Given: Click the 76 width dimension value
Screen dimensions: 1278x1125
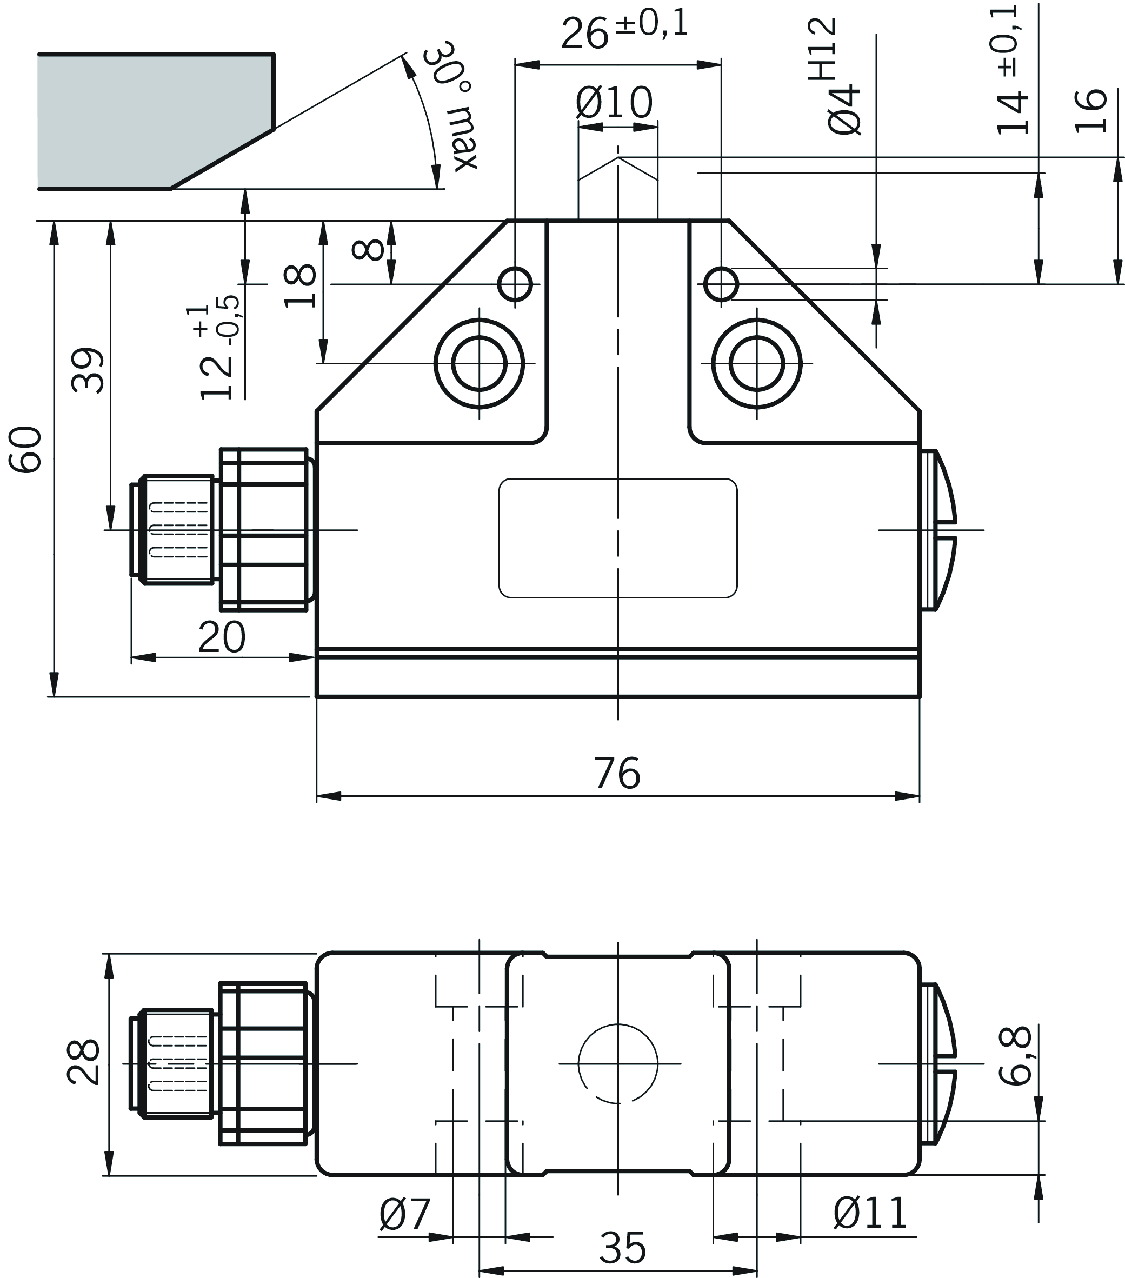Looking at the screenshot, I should click(x=617, y=774).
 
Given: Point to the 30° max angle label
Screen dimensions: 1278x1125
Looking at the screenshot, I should click(x=451, y=106).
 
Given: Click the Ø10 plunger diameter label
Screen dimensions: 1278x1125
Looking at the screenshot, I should click(x=614, y=103).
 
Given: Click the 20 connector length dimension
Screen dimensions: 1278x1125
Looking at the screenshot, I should click(x=221, y=638).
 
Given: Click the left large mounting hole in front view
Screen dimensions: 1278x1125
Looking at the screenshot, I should click(x=479, y=363).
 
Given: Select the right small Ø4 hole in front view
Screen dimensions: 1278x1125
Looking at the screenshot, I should click(x=721, y=284).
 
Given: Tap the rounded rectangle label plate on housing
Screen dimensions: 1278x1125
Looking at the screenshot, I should click(x=618, y=538).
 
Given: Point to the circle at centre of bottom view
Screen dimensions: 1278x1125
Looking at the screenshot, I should click(x=618, y=1063).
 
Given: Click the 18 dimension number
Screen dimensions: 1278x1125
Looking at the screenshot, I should click(x=301, y=286).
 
